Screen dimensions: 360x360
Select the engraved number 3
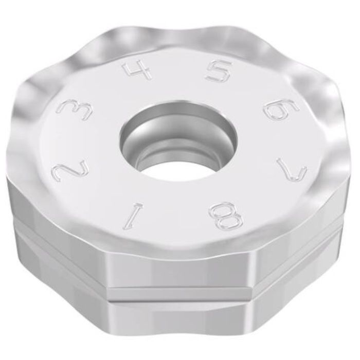(73, 111)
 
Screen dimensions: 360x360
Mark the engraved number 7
(292, 170)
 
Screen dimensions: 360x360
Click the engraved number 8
(225, 216)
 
